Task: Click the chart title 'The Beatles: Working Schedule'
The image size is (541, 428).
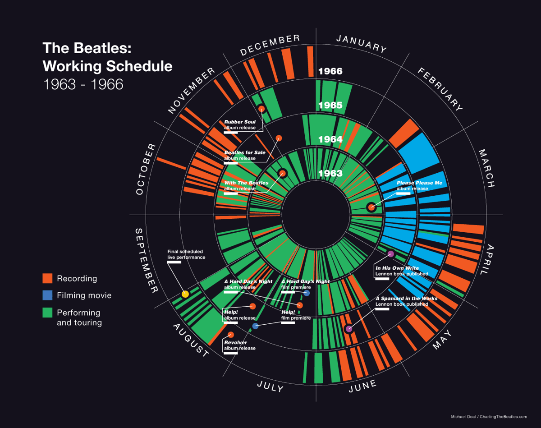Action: [x=107, y=57]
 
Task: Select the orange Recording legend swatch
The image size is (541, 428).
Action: [x=48, y=278]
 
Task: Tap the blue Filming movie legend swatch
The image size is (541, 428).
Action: [x=48, y=295]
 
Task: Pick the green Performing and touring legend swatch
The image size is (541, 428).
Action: [x=48, y=313]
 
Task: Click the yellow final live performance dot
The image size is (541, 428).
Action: [x=185, y=294]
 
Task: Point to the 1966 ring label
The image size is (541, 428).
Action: [x=330, y=71]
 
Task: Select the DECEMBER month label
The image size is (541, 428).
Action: [x=270, y=45]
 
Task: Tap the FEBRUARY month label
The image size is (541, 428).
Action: [x=440, y=89]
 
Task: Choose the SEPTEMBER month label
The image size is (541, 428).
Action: [x=145, y=261]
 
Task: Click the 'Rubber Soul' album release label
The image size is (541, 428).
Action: [x=240, y=124]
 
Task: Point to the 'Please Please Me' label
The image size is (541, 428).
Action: [x=419, y=185]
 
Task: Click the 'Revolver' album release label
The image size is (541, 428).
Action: [x=240, y=345]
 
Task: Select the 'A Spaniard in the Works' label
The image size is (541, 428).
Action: [x=406, y=301]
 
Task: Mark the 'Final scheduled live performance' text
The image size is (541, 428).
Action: [x=186, y=254]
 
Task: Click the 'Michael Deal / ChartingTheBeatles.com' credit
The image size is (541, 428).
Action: [x=489, y=417]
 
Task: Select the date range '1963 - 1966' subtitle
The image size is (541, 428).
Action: [x=83, y=84]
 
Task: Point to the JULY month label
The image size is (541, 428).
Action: [x=270, y=386]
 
